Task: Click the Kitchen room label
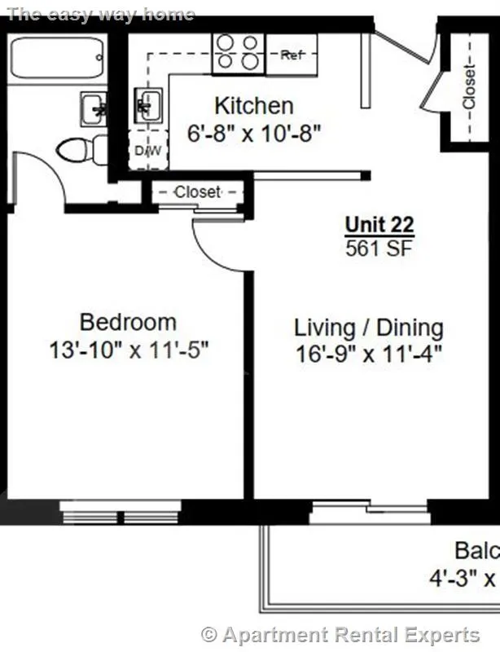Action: tap(253, 105)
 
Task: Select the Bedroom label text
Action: tap(128, 321)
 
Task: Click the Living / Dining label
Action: tap(368, 328)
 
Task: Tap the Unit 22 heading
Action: tap(379, 224)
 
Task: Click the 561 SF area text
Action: tap(379, 248)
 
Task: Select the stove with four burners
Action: tap(238, 52)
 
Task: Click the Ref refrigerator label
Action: tap(292, 55)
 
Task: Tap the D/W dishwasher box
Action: tap(147, 152)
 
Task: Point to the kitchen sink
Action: tap(147, 104)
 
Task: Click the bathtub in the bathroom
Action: tap(56, 58)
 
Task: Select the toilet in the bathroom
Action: tap(81, 150)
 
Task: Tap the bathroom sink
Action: tap(94, 108)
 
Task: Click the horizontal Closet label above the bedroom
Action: tap(197, 192)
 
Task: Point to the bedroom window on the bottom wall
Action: tap(120, 512)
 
